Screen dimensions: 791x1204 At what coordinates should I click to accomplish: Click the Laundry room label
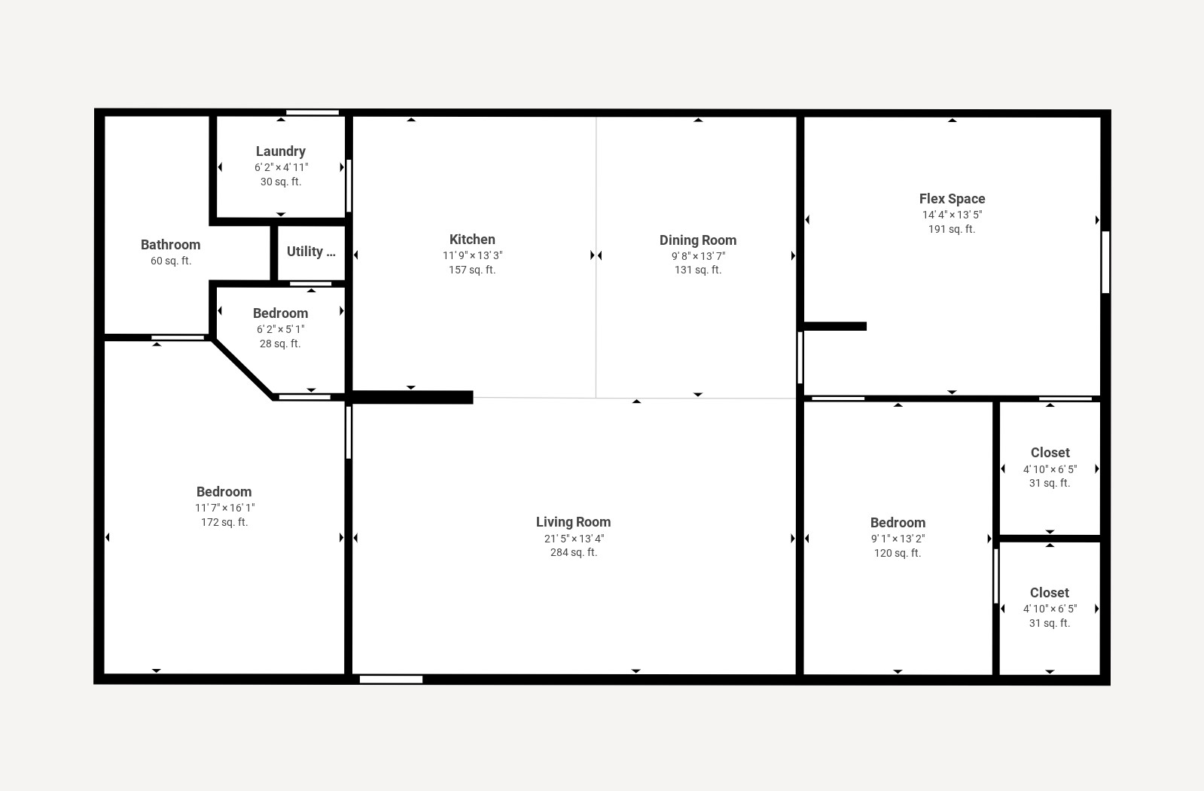click(280, 151)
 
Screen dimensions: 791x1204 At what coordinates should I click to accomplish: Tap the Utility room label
click(310, 252)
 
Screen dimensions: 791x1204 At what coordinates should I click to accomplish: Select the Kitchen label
click(472, 240)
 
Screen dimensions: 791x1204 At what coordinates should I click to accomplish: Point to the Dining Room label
click(697, 240)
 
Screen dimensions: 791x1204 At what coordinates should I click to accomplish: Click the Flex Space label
click(952, 199)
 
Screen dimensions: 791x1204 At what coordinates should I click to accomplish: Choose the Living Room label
click(573, 522)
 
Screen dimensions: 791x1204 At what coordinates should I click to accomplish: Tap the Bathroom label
click(170, 245)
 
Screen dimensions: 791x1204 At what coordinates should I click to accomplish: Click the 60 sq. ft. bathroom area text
click(171, 261)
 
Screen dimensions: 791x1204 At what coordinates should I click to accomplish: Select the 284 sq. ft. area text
click(573, 552)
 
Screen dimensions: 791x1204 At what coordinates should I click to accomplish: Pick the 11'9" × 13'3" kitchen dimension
click(472, 255)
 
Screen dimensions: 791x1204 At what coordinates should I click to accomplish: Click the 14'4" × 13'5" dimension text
click(952, 215)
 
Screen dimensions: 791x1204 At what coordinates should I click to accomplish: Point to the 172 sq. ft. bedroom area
click(224, 522)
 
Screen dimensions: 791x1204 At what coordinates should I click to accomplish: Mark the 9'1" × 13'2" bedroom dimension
click(898, 539)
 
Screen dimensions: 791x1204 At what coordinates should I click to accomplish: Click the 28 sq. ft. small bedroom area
click(280, 344)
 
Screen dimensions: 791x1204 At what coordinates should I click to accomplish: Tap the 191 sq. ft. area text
click(952, 229)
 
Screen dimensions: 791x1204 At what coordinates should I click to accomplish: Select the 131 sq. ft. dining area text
click(697, 270)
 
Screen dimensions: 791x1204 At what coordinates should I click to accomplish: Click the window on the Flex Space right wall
click(1105, 261)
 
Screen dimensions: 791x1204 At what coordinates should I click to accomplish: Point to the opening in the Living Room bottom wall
click(391, 680)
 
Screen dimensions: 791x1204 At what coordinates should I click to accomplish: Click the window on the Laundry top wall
click(312, 113)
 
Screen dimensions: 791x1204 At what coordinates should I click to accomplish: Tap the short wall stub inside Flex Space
click(836, 326)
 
